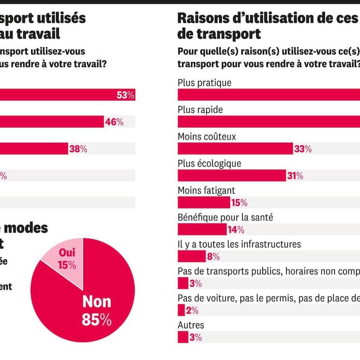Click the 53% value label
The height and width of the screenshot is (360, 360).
pyautogui.click(x=126, y=95)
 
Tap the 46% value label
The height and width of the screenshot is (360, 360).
pyautogui.click(x=114, y=122)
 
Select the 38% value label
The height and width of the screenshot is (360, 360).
pyautogui.click(x=78, y=149)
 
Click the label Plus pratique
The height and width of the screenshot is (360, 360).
pyautogui.click(x=204, y=83)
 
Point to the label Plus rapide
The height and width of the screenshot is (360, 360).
pyautogui.click(x=200, y=110)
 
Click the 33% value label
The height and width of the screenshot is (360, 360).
pyautogui.click(x=303, y=149)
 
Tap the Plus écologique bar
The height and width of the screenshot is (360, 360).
pyautogui.click(x=232, y=176)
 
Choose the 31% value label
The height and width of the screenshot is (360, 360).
pyautogui.click(x=295, y=176)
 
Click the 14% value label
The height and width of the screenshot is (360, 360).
pyautogui.click(x=236, y=230)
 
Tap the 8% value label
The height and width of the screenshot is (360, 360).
pyautogui.click(x=213, y=256)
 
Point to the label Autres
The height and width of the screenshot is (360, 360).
pyautogui.click(x=191, y=325)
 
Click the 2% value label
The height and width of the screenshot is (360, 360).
pyautogui.click(x=192, y=310)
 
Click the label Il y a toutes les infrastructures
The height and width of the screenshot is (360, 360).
pyautogui.click(x=239, y=244)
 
